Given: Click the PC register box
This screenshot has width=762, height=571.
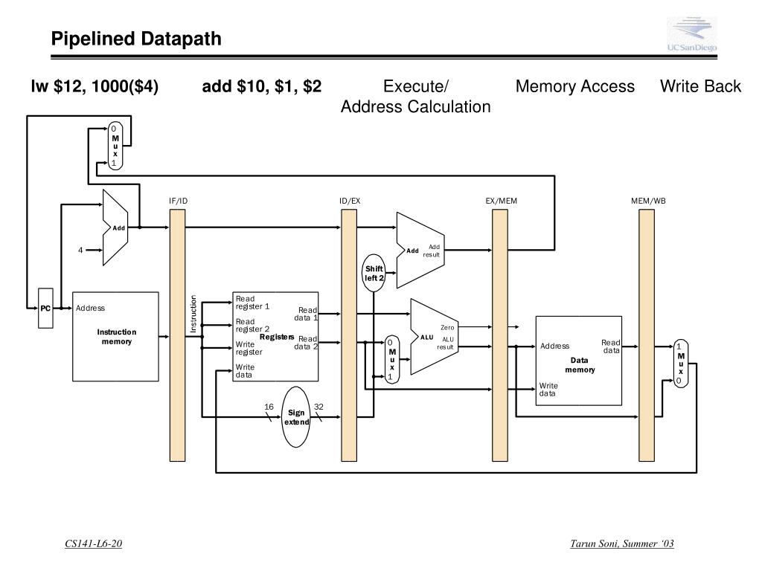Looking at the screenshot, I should [x=45, y=308].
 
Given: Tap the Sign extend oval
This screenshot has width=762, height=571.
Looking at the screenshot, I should [x=296, y=417].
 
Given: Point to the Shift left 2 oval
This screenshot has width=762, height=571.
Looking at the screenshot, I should [x=374, y=273].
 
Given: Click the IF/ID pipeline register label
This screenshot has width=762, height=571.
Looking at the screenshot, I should [x=178, y=201].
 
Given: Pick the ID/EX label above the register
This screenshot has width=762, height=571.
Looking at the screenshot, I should [x=350, y=201].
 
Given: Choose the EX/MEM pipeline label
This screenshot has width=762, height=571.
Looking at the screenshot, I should [x=501, y=201].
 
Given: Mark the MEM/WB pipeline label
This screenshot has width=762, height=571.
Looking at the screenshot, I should [x=648, y=201].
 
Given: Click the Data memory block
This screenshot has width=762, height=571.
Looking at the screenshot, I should [x=579, y=361].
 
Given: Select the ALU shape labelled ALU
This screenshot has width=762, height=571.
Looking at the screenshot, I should [x=429, y=337].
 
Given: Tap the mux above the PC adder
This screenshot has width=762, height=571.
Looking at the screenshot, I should [x=115, y=146].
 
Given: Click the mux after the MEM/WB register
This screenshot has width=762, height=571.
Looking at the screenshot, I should [x=680, y=363].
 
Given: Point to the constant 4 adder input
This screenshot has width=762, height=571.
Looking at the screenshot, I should [x=80, y=250].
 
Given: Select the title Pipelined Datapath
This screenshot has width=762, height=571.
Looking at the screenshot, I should [x=136, y=39].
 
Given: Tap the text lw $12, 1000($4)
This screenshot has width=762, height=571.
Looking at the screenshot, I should [x=94, y=87].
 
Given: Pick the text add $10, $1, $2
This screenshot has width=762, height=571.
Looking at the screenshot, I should [x=262, y=87].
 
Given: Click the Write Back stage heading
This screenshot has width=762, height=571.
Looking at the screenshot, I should [x=700, y=87].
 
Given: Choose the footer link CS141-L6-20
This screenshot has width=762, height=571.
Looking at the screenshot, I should [x=93, y=544].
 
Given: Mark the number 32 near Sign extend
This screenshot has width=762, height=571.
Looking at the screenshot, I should [x=318, y=407].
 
